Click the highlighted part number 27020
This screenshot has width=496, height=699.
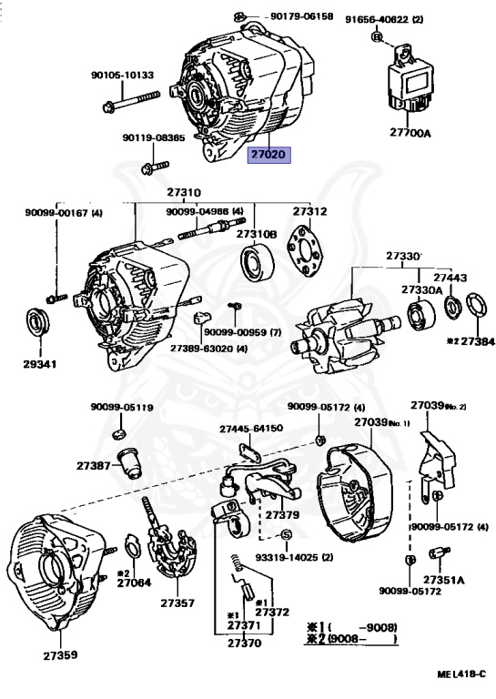pos(269,155)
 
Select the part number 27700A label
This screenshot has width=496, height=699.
pos(410,132)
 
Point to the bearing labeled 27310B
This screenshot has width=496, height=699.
pos(258,262)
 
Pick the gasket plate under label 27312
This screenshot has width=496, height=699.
pos(308,251)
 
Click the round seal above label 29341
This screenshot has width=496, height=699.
pos(38,322)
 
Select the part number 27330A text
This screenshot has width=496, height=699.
pos(421,289)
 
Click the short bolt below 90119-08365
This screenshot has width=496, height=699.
pos(155,167)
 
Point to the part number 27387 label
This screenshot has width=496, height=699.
pos(93,465)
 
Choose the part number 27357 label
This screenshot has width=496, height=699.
pos(177,603)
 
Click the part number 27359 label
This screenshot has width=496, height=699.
pos(60,655)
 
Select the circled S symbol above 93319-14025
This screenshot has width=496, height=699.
pos(286,534)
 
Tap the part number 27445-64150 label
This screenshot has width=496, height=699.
pos(251,429)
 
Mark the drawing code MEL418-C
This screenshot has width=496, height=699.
pos(461,674)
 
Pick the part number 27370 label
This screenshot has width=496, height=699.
pos(244,643)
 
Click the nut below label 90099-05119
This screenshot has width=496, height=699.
pos(118,432)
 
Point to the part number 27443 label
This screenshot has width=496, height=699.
pos(450,278)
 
